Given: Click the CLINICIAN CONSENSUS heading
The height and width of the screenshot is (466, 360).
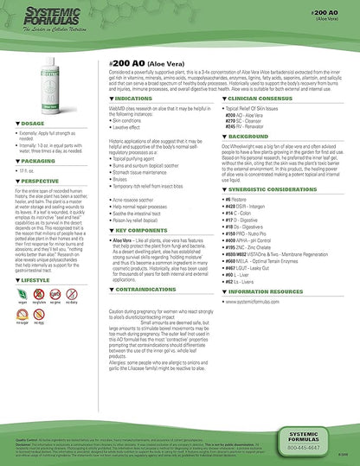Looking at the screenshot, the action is tap(270, 99).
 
